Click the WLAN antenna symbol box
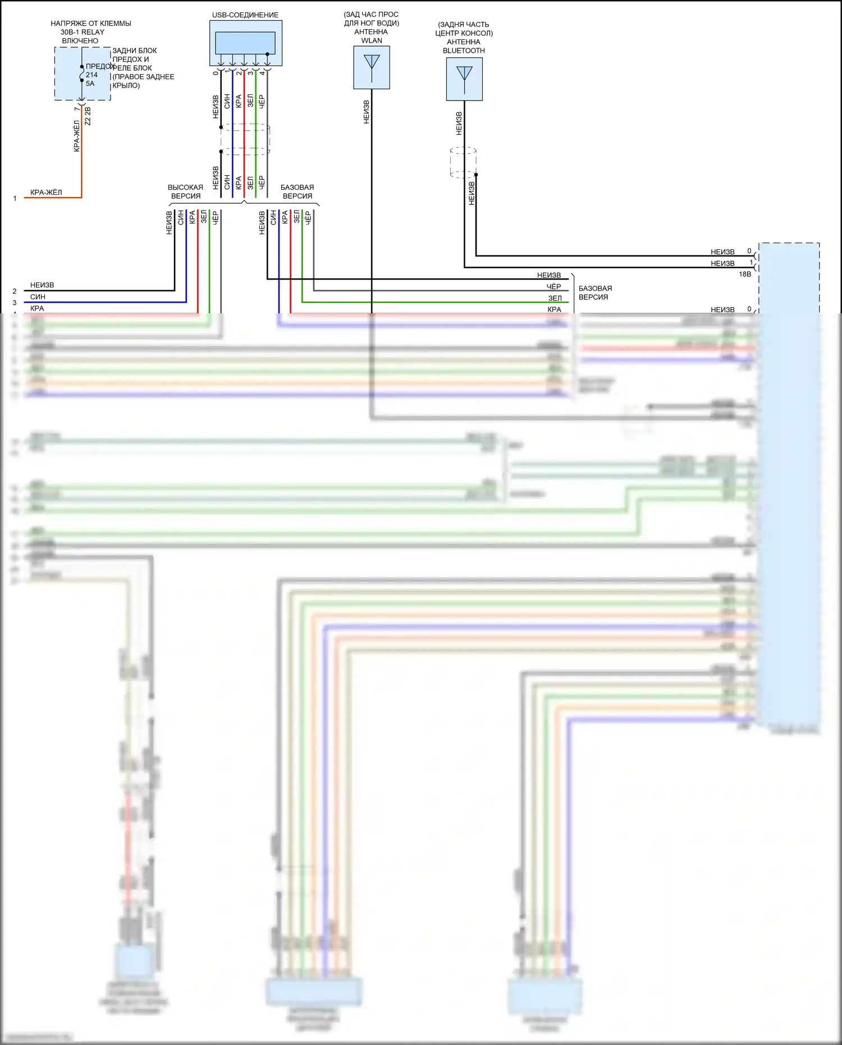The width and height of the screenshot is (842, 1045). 372,67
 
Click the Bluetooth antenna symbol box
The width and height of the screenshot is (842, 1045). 464,79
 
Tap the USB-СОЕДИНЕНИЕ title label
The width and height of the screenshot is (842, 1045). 245,15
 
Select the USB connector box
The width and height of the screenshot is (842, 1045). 246,44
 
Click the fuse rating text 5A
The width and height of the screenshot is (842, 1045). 90,84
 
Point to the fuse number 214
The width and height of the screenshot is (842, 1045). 91,75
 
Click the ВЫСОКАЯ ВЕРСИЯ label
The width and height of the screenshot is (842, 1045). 185,191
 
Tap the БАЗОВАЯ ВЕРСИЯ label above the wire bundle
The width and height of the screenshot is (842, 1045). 297,191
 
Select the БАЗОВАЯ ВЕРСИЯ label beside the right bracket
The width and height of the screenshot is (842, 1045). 595,293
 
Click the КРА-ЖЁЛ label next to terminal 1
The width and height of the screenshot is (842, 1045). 46,193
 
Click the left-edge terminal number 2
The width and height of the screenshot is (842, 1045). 15,291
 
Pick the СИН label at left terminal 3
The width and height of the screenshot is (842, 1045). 38,296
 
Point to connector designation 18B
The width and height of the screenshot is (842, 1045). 744,274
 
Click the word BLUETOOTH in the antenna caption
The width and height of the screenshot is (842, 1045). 464,51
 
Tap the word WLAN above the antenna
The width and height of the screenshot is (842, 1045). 372,40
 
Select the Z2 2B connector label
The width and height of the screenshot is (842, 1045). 88,116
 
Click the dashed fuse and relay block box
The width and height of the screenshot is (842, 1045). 83,74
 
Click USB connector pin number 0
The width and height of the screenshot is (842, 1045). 216,73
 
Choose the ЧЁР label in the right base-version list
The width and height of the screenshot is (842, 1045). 553,286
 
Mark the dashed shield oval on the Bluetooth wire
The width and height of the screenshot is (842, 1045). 463,162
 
